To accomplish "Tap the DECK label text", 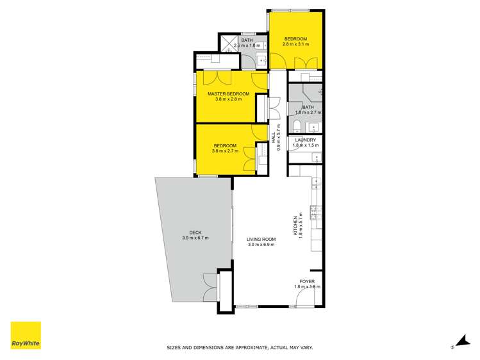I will point(195,232).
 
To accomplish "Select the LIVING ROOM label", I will point(261,239).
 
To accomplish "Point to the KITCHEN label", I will point(296,225).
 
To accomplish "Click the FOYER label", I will point(307,281).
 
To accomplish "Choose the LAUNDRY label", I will point(304,140).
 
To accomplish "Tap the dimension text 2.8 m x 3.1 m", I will point(295,44).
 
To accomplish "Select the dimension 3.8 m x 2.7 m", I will point(225,152).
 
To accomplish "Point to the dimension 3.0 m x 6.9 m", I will point(261,245).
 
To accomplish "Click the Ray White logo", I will point(26,336).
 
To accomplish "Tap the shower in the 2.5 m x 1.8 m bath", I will point(229,44).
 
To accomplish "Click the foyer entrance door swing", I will point(309,296).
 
